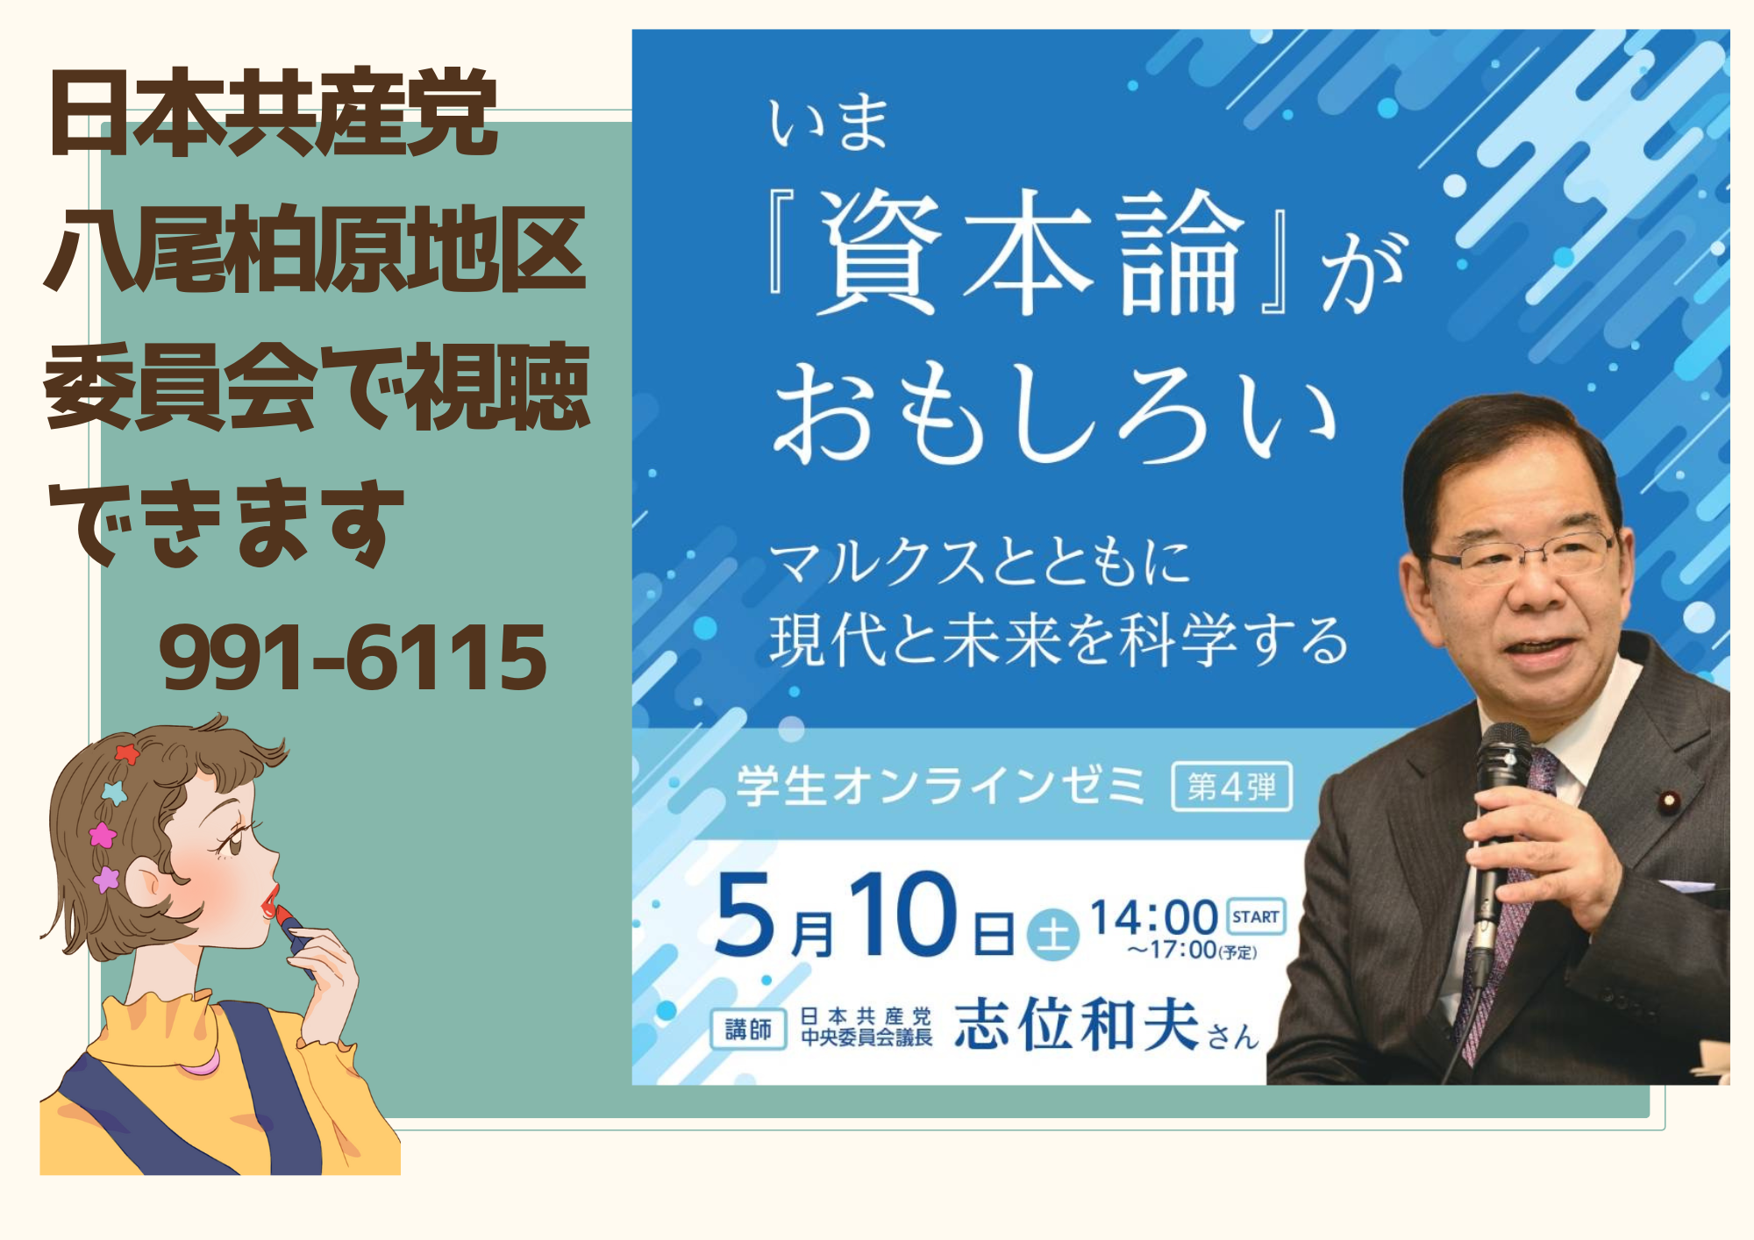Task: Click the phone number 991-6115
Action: pyautogui.click(x=353, y=657)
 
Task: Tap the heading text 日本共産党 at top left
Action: pyautogui.click(x=274, y=112)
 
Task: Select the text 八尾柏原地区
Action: pyautogui.click(x=315, y=249)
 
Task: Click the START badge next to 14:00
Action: pyautogui.click(x=1255, y=916)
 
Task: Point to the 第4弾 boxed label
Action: pyautogui.click(x=1232, y=787)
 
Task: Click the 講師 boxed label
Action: pyautogui.click(x=748, y=1029)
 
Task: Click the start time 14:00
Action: pyautogui.click(x=1153, y=918)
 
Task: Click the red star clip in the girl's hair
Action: pyautogui.click(x=127, y=752)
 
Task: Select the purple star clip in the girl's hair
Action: pyautogui.click(x=106, y=878)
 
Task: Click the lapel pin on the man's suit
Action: pyautogui.click(x=1669, y=801)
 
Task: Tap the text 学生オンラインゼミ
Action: pyautogui.click(x=941, y=785)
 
